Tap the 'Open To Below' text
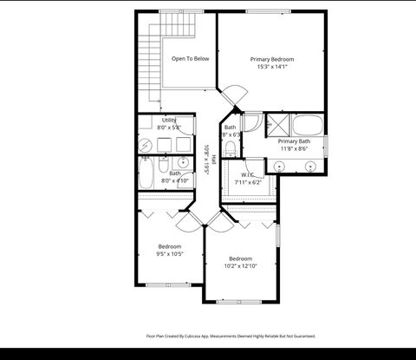(190, 59)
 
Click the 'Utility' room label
(168, 120)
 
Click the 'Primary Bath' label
(294, 141)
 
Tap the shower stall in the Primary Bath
(279, 122)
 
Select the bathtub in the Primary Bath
(308, 122)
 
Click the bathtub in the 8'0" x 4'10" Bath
(147, 174)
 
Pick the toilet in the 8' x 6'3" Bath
(230, 150)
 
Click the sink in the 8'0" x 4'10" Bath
(184, 162)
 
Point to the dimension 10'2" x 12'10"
(240, 266)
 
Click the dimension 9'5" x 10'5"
(169, 254)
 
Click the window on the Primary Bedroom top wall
(269, 11)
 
